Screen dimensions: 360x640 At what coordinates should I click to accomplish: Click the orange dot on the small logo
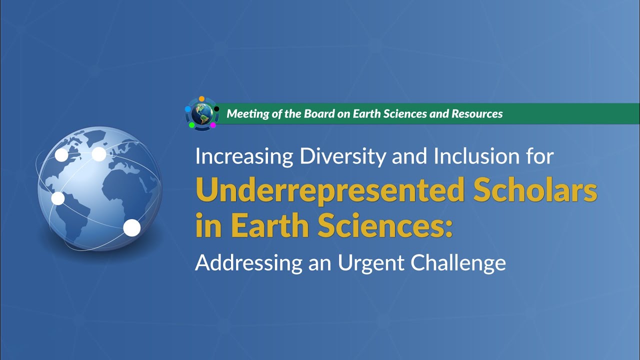pos(201,98)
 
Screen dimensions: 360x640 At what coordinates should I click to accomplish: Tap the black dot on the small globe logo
pos(216,108)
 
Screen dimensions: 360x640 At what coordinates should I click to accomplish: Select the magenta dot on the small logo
pos(213,125)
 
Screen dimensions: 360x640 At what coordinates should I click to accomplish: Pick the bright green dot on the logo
pos(191,125)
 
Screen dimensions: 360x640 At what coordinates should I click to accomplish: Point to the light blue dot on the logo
pos(188,109)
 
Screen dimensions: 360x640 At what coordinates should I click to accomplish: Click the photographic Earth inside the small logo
pos(202,113)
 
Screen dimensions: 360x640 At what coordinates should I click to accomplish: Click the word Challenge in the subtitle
pos(458,262)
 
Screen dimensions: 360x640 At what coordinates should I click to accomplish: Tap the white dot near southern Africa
pos(132,227)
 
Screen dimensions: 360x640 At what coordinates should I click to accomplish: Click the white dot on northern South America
pos(58,198)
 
